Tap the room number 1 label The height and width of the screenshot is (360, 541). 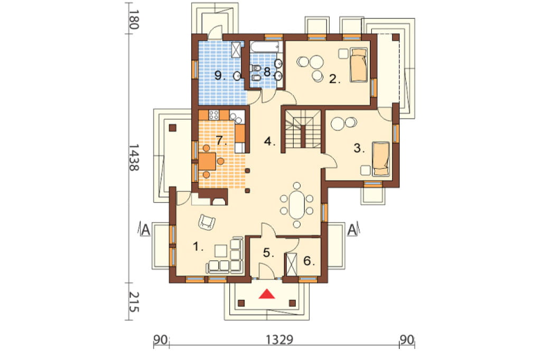[197, 247]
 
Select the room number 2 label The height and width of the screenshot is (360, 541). [334, 79]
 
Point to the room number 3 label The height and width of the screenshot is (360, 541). [359, 148]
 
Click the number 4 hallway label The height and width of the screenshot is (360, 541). [269, 141]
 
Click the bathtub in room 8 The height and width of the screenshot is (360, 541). [265, 47]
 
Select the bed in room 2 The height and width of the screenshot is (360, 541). [359, 65]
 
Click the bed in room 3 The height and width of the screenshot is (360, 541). [381, 158]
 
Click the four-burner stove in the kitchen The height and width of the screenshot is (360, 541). [214, 115]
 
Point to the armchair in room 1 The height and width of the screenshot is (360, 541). [207, 222]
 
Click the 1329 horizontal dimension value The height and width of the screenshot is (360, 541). [279, 340]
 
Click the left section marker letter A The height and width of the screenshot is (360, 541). [146, 230]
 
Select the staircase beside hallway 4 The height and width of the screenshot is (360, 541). [303, 129]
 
